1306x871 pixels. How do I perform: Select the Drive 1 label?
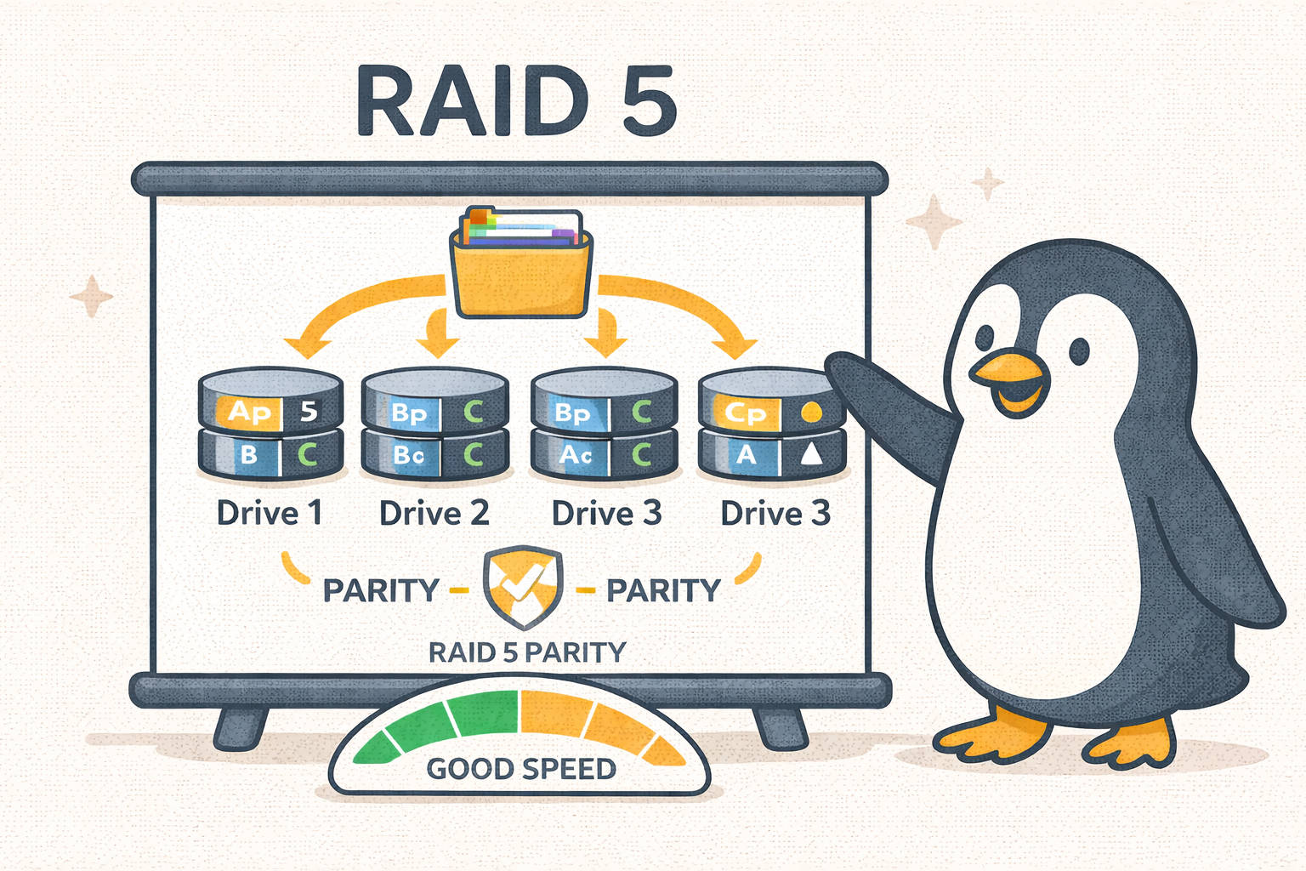tap(269, 513)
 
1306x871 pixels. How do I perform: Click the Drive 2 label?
tap(434, 513)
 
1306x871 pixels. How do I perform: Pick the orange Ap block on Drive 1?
tap(247, 412)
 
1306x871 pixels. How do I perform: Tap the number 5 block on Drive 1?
tap(309, 412)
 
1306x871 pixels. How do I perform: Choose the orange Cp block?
tap(745, 413)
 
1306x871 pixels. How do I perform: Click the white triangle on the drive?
tap(811, 456)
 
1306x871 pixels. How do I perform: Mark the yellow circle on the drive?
tap(812, 413)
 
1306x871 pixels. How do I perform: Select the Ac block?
tap(576, 456)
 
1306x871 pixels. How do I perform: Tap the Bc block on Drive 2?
tap(409, 456)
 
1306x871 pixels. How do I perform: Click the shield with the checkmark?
tap(522, 587)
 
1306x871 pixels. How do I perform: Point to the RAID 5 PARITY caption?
tap(526, 652)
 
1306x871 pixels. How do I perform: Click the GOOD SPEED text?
tap(520, 769)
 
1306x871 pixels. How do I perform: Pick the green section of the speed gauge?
tap(442, 723)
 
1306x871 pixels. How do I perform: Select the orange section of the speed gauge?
tap(595, 723)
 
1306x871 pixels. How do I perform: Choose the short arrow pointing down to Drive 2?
tap(439, 333)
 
